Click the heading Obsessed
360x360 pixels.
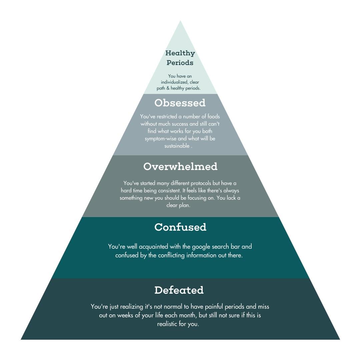[180, 103]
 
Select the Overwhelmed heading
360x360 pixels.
[180, 166]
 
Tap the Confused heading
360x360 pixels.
[180, 227]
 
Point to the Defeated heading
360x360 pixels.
[179, 290]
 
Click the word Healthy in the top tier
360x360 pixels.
[180, 53]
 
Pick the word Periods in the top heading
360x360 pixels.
[180, 63]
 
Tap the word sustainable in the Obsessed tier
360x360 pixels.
[177, 146]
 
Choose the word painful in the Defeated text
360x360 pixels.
[214, 307]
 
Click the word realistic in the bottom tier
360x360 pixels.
[167, 324]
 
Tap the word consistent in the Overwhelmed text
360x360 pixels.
[169, 191]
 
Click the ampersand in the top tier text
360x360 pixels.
[168, 88]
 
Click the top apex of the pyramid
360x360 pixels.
[180, 21]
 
